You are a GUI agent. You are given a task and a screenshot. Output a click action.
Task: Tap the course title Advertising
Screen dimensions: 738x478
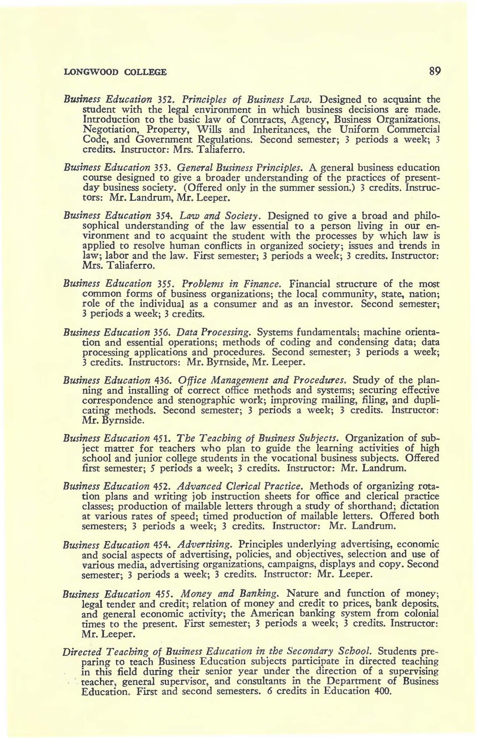205,545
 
